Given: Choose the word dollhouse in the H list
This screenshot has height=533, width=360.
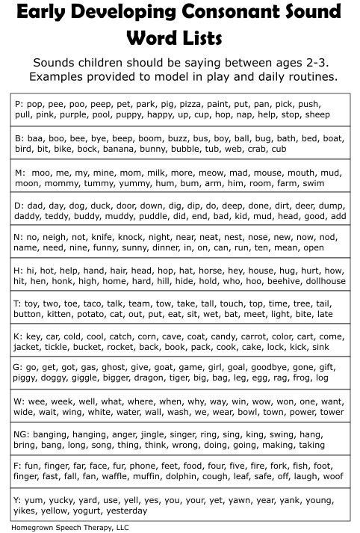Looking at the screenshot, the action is click(322, 282).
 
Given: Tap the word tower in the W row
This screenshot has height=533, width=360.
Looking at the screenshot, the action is click(331, 412).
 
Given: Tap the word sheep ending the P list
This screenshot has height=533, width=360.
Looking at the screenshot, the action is click(317, 116).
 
